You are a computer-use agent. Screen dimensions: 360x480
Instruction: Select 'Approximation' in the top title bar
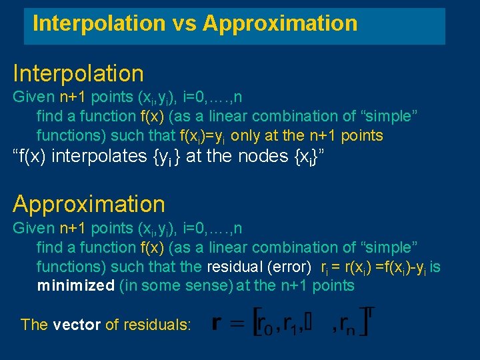coord(281,24)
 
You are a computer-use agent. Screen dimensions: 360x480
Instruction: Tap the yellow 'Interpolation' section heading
coord(78,73)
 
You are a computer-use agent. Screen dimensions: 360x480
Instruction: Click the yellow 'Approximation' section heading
coord(89,204)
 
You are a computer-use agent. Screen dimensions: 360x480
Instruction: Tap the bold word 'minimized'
coord(75,285)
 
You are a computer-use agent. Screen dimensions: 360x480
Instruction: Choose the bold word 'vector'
coord(77,325)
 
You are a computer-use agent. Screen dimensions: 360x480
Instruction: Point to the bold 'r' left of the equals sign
coord(217,324)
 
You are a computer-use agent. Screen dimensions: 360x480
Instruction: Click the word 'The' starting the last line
coord(34,325)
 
